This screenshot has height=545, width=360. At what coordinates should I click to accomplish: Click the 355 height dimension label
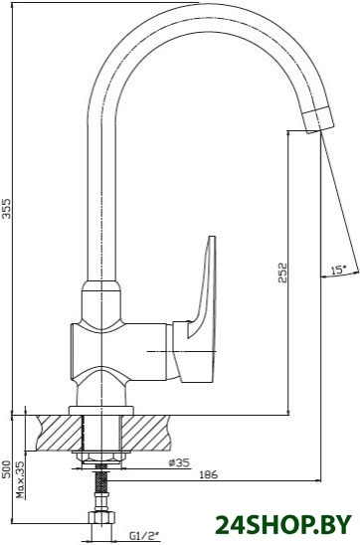click(7, 208)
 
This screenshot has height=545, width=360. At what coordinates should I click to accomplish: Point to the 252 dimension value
click(283, 272)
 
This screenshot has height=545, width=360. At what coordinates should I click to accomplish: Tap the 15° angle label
click(338, 270)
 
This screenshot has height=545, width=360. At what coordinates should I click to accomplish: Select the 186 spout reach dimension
click(209, 474)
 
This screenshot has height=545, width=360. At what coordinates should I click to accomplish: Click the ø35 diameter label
click(179, 463)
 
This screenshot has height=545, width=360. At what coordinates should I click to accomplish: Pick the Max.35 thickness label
click(21, 479)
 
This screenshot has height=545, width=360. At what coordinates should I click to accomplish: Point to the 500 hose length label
click(7, 469)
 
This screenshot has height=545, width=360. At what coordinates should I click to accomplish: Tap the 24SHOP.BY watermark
click(283, 524)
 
